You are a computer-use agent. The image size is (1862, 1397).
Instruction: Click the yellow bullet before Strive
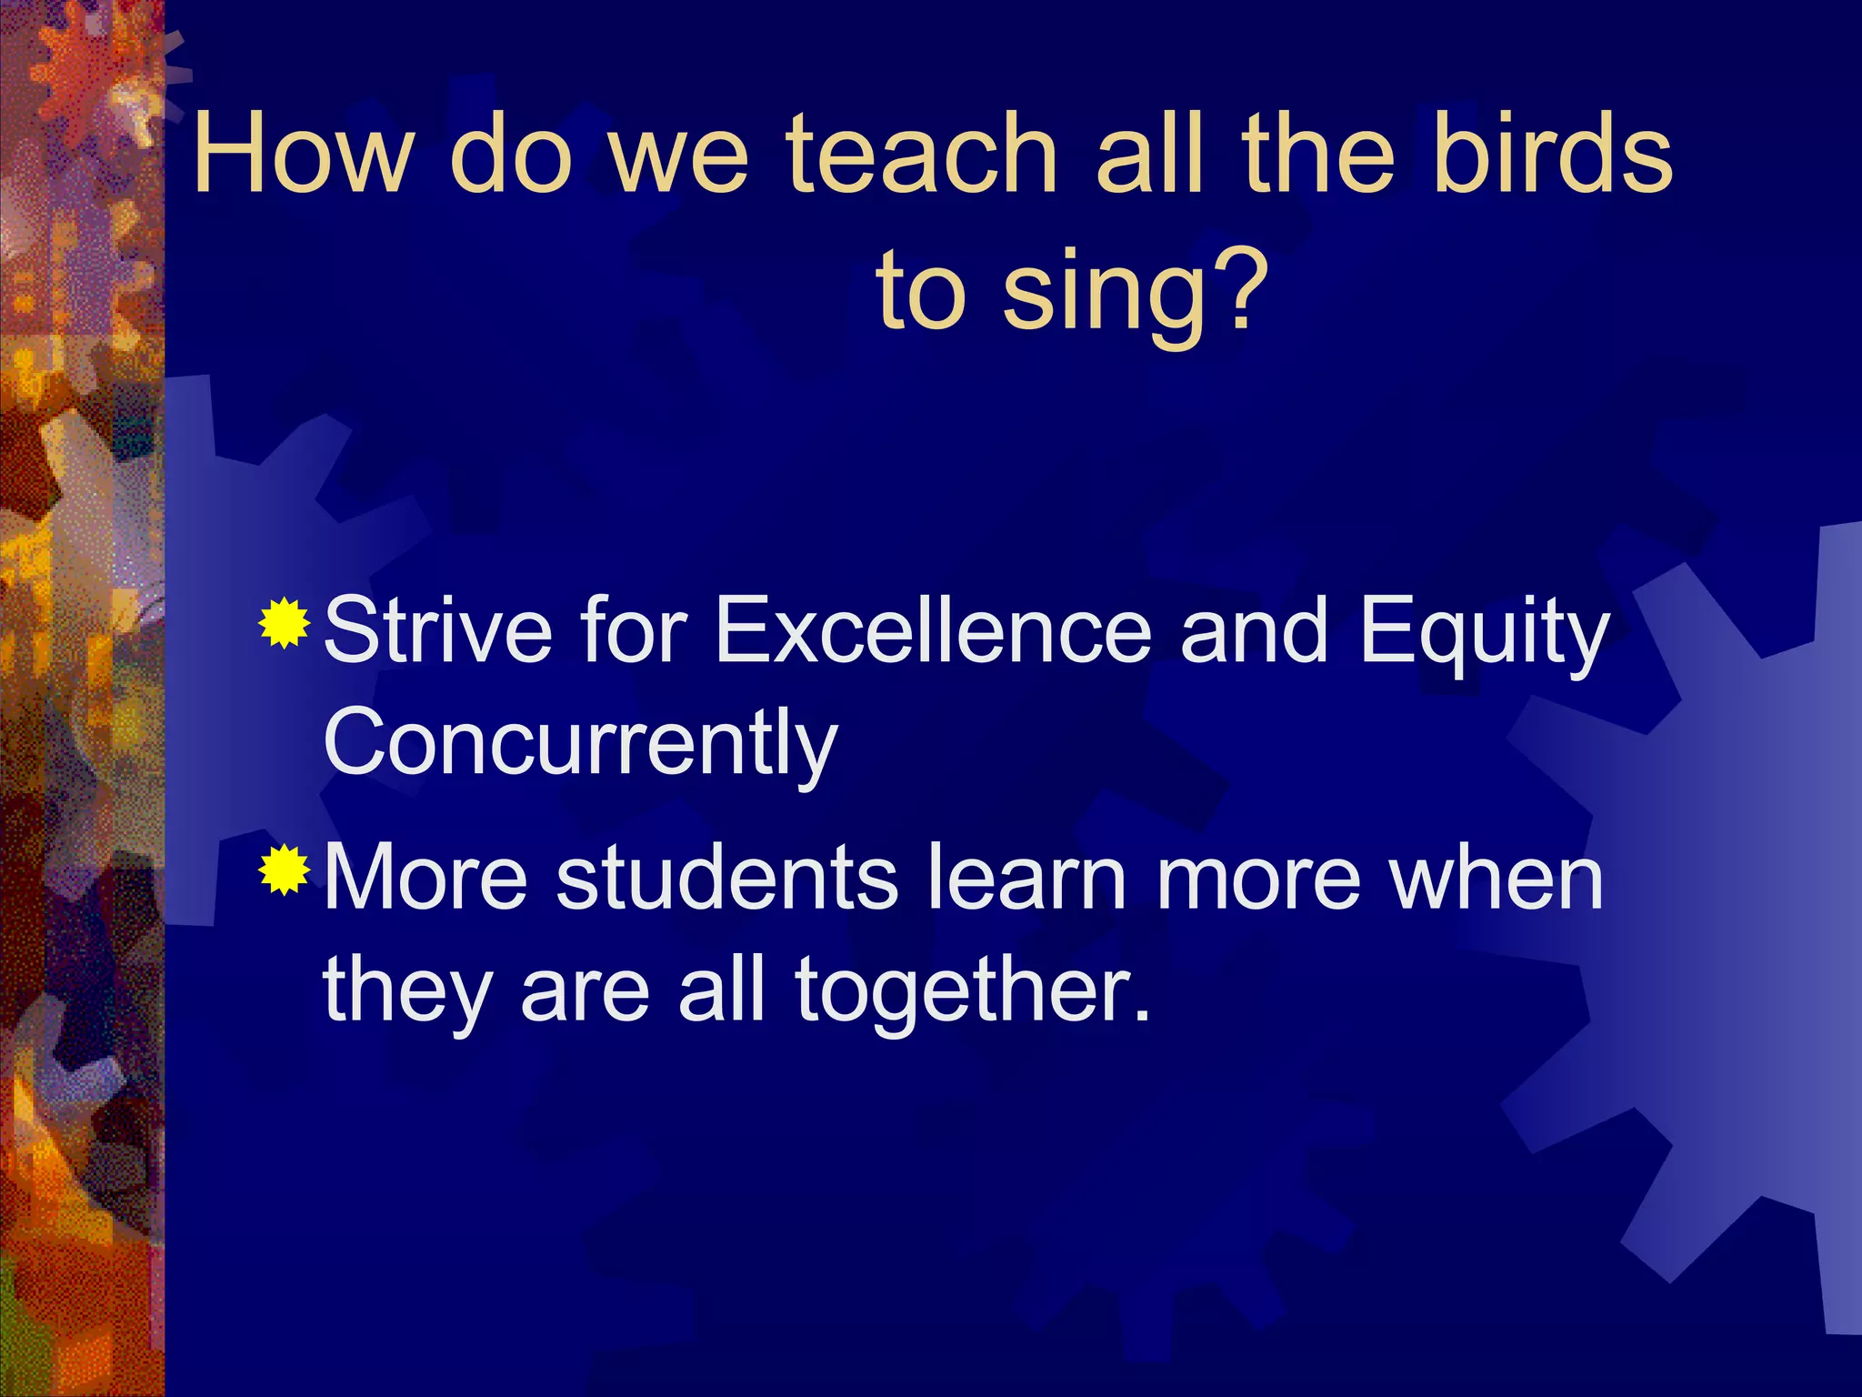point(285,624)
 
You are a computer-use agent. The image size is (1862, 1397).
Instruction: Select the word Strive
point(437,630)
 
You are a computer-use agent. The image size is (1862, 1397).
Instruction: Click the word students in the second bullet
point(727,877)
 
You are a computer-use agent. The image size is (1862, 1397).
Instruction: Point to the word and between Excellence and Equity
point(1255,630)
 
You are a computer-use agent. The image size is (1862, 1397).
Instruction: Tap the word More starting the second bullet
point(425,877)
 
